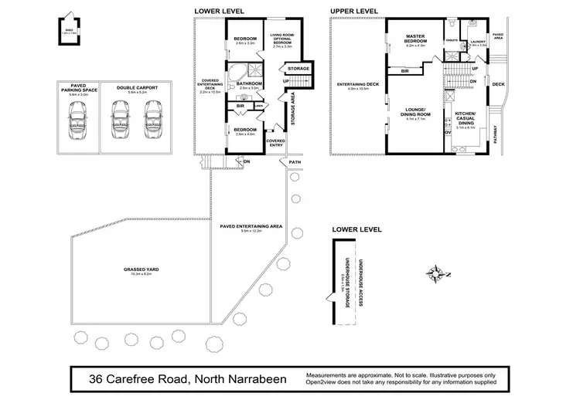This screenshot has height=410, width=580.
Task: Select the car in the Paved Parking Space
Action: pos(77,120)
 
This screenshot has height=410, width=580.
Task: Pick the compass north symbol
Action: pos(438,272)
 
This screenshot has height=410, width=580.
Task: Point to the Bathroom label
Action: pos(251,83)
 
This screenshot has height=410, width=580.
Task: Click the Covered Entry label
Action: pos(275,143)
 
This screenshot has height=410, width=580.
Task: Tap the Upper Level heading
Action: pos(354,11)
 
